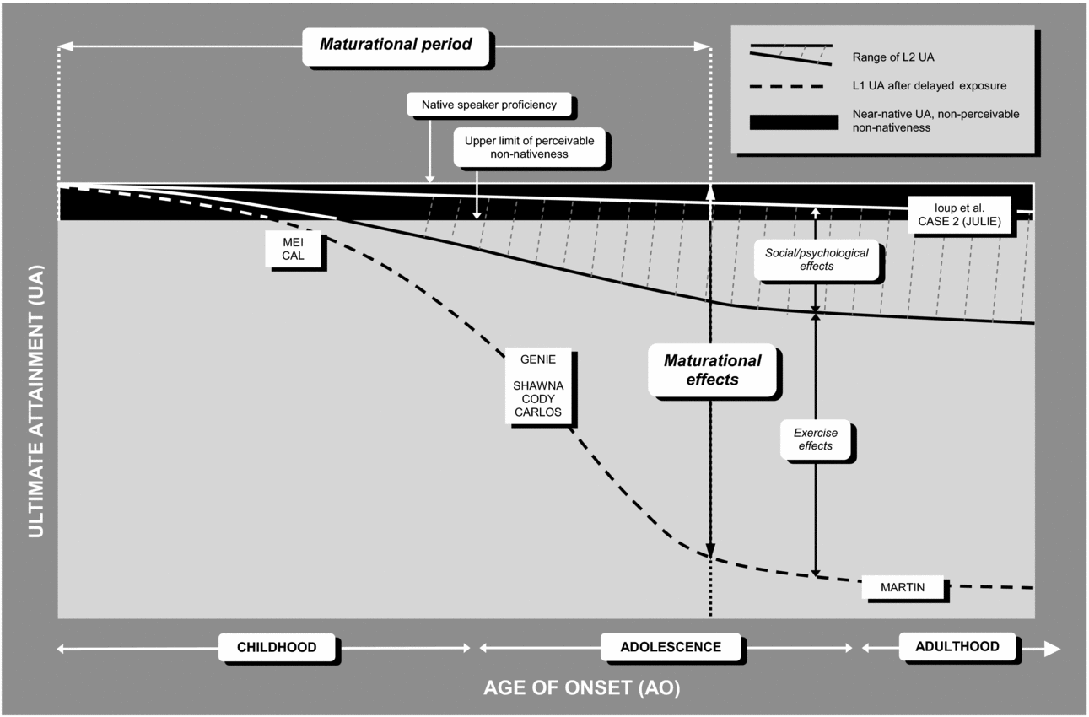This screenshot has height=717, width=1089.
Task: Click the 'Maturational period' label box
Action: (x=396, y=44)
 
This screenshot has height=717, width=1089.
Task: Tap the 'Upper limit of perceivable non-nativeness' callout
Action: (x=528, y=148)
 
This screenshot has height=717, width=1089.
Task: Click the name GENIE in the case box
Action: (x=537, y=358)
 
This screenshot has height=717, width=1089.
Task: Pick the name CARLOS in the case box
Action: (x=537, y=412)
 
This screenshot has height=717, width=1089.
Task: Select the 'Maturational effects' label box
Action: (x=712, y=370)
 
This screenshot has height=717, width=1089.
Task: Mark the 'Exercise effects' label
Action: (x=815, y=439)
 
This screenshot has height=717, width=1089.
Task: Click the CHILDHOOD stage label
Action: (x=277, y=647)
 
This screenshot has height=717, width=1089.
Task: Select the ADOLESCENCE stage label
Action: (x=671, y=647)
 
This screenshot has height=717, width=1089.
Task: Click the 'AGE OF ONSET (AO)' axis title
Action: (x=581, y=687)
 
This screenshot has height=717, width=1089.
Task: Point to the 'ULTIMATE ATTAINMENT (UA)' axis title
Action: (x=35, y=401)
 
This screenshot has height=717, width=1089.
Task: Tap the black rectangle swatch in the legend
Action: (x=793, y=121)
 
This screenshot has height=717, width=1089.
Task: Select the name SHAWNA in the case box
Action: (x=537, y=385)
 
